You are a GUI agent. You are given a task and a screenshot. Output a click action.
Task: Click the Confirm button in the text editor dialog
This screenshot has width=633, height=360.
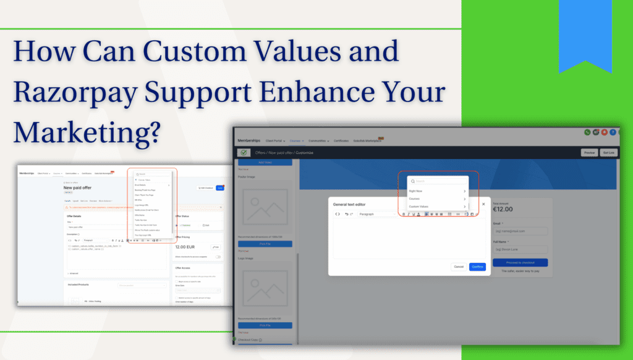[x=477, y=267]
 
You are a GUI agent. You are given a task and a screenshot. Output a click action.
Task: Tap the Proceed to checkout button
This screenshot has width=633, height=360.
[x=520, y=262]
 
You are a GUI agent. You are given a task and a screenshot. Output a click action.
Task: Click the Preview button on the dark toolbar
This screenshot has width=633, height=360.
[x=589, y=153]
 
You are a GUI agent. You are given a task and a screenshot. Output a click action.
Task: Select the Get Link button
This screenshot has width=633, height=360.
[x=609, y=153]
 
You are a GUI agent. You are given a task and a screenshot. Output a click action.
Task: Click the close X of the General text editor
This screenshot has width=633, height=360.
[x=483, y=204]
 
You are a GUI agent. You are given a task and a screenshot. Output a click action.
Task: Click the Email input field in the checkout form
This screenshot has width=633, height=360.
[x=520, y=231]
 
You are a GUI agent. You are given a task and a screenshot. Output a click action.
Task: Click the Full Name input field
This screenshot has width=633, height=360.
[x=520, y=249]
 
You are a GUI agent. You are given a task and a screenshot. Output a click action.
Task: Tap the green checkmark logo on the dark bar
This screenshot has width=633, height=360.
[x=244, y=153]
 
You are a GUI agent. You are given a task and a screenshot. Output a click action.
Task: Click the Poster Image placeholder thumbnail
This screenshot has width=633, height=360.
[x=265, y=209]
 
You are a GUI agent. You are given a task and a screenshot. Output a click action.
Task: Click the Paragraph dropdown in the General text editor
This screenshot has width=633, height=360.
[x=376, y=214]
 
